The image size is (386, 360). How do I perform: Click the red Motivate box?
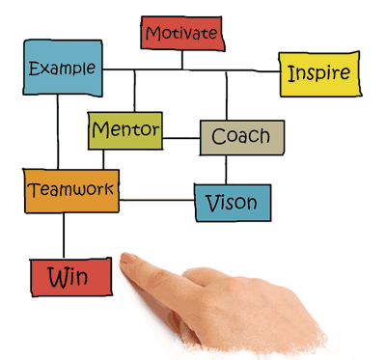click(x=182, y=35)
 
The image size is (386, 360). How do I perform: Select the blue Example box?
click(x=63, y=69)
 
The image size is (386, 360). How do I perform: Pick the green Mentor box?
click(x=124, y=129)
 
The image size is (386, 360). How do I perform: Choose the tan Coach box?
click(x=241, y=137)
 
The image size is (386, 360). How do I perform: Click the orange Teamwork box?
click(x=71, y=190)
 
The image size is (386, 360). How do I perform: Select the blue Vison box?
click(x=233, y=203)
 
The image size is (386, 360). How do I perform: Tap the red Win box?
click(x=69, y=278)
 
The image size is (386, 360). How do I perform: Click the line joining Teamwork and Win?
click(x=64, y=235)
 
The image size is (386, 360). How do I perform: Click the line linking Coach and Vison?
click(x=227, y=170)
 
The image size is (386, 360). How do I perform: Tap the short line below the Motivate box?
click(x=182, y=60)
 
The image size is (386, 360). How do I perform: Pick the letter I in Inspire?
click(x=289, y=73)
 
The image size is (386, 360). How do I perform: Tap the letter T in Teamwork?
click(x=35, y=189)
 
